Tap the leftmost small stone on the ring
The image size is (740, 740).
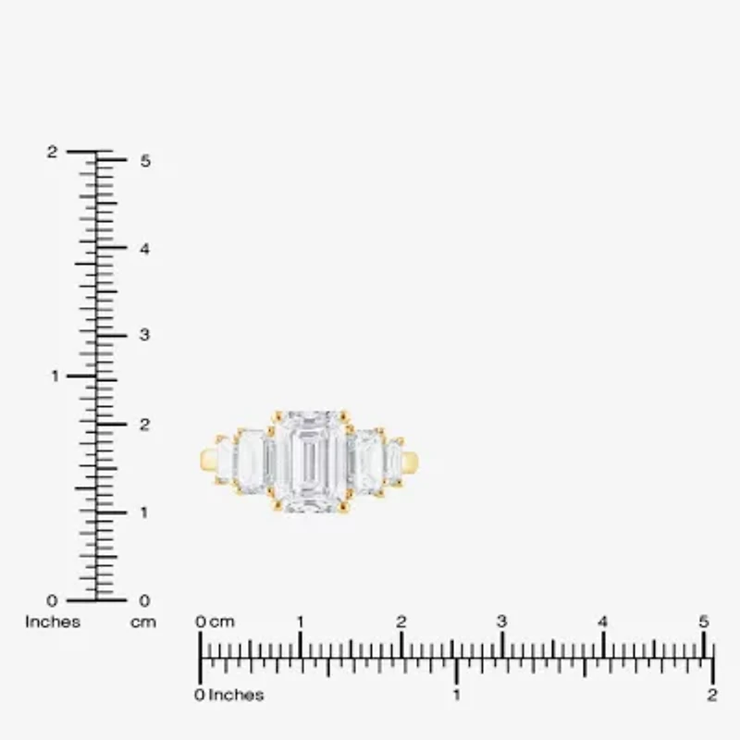pyautogui.click(x=224, y=459)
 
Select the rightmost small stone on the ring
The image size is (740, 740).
pyautogui.click(x=394, y=460)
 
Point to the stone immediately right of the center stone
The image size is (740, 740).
pyautogui.click(x=367, y=460)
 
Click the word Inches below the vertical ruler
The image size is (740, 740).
pyautogui.click(x=53, y=623)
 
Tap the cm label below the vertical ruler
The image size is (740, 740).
pyautogui.click(x=142, y=623)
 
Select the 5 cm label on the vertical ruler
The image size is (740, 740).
pyautogui.click(x=144, y=160)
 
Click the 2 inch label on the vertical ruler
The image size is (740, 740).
pyautogui.click(x=53, y=152)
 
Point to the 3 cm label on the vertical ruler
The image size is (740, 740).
pyautogui.click(x=144, y=335)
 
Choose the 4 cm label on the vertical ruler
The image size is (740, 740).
pyautogui.click(x=144, y=248)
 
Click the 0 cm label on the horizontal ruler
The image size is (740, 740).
pyautogui.click(x=216, y=623)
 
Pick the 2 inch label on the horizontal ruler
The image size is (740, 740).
pyautogui.click(x=711, y=696)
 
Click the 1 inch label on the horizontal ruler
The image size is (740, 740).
pyautogui.click(x=456, y=696)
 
